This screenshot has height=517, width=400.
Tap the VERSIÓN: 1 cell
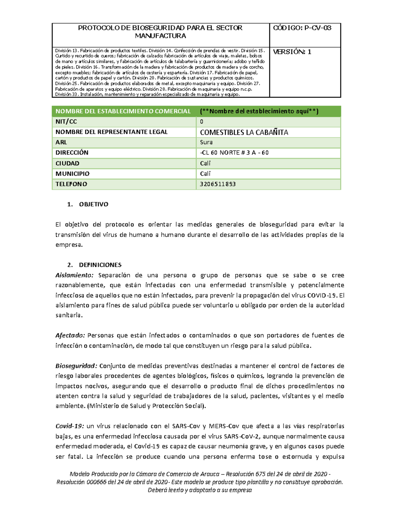click(x=292, y=52)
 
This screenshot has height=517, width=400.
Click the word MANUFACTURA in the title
click(x=160, y=36)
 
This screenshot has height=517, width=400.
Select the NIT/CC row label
click(x=66, y=122)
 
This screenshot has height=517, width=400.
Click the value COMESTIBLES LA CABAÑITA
click(x=244, y=132)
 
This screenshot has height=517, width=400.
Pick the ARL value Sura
click(x=206, y=142)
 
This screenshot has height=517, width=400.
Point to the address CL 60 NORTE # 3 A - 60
click(x=234, y=153)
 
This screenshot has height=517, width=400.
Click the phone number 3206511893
click(x=218, y=184)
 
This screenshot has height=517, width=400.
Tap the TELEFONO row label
click(x=71, y=184)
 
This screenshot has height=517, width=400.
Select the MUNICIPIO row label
click(x=72, y=174)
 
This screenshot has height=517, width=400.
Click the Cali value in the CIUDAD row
click(x=205, y=163)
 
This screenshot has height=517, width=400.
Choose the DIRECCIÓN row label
click(x=72, y=153)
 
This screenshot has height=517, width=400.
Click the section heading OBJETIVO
click(x=93, y=204)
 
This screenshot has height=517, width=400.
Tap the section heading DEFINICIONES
click(x=100, y=265)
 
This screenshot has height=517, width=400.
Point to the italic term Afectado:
click(x=70, y=336)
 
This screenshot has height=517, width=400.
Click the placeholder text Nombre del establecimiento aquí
click(x=259, y=112)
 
